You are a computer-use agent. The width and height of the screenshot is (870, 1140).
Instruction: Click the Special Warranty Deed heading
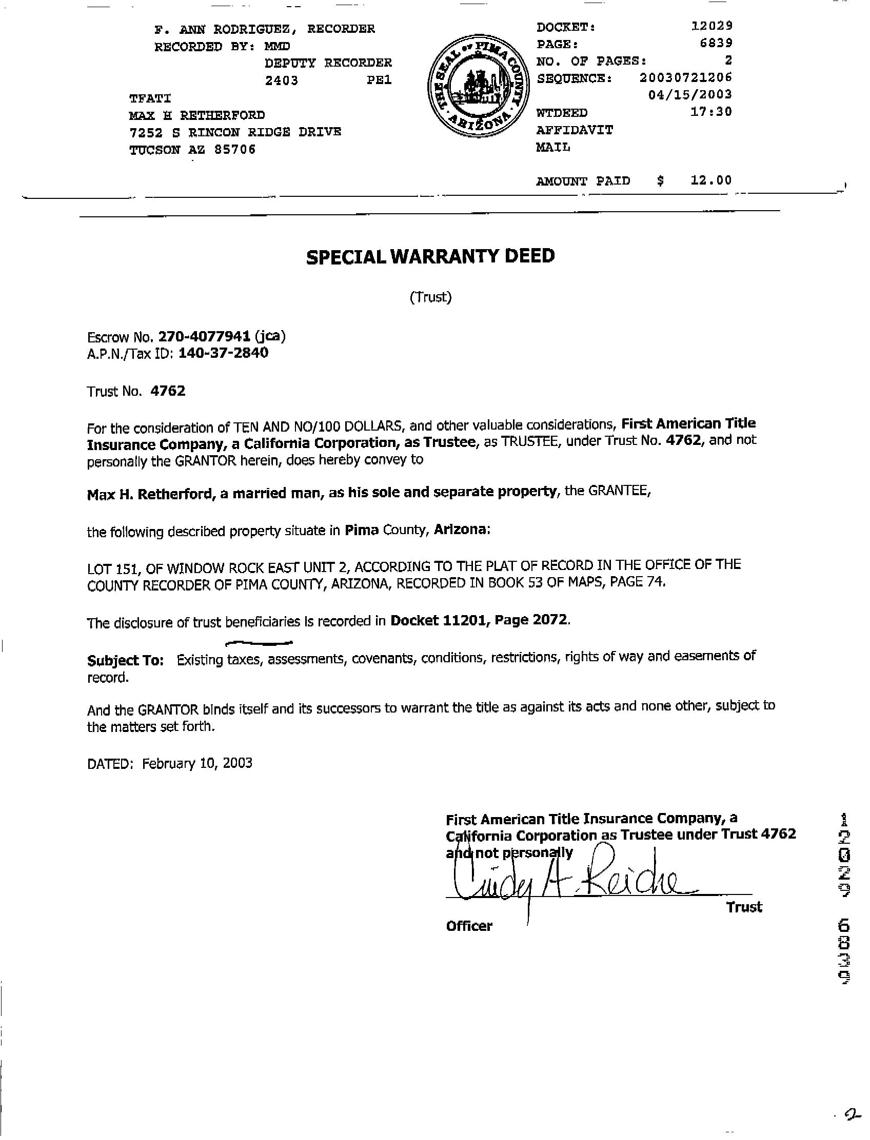pyautogui.click(x=430, y=257)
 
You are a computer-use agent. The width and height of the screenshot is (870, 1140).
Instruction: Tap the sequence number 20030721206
pyautogui.click(x=685, y=77)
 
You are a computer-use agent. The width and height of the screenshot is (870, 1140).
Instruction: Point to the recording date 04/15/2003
pyautogui.click(x=690, y=94)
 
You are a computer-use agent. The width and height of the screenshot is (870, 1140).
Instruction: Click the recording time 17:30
pyautogui.click(x=711, y=111)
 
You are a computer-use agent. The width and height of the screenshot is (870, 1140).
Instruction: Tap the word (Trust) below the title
pyautogui.click(x=430, y=297)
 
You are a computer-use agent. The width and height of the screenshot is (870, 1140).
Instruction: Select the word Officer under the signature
pyautogui.click(x=469, y=926)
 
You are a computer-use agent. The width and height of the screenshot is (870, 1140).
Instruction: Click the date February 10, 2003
pyautogui.click(x=197, y=763)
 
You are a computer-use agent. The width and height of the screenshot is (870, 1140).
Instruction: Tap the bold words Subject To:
pyautogui.click(x=125, y=660)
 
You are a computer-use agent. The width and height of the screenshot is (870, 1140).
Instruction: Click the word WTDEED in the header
pyautogui.click(x=562, y=113)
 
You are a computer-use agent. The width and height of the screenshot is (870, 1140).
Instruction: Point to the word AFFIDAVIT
pyautogui.click(x=575, y=130)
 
